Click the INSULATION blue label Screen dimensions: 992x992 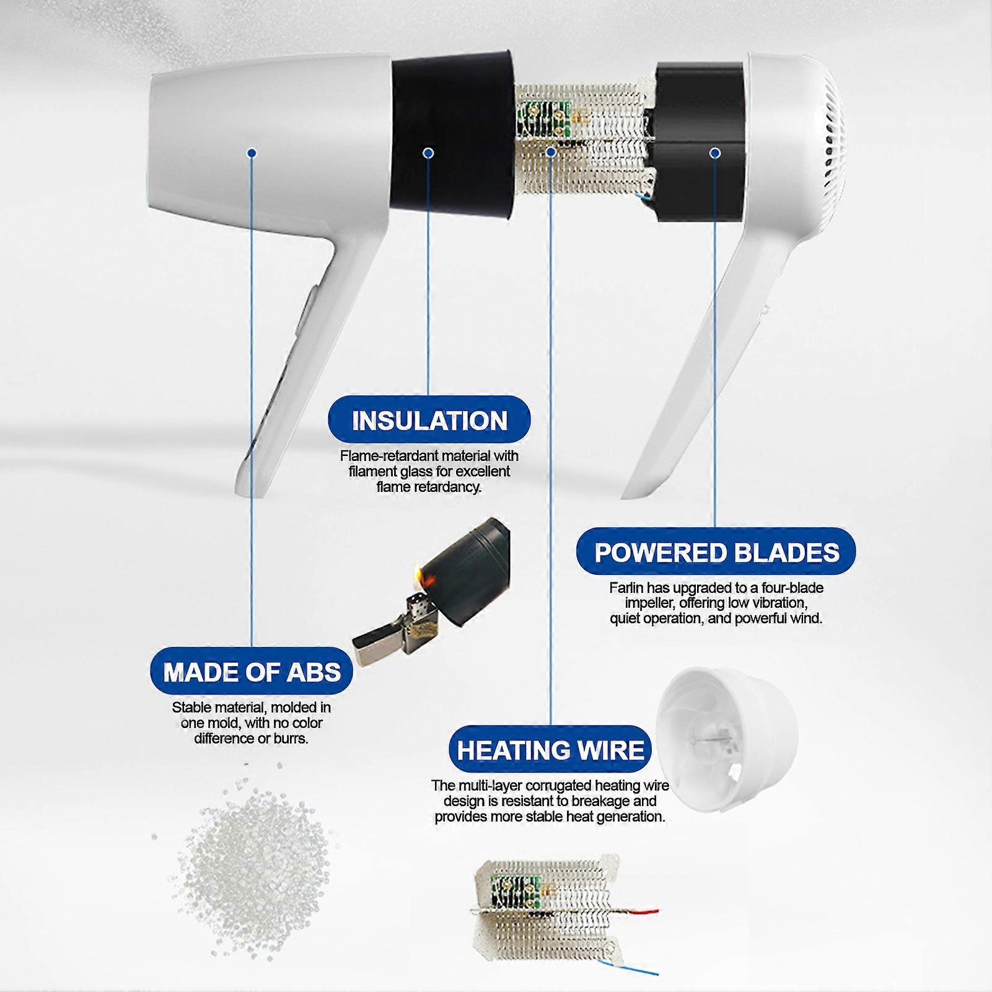[x=429, y=421]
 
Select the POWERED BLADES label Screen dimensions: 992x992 [x=716, y=553]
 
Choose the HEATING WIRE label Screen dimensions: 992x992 [x=551, y=750]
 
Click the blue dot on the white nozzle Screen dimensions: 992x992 [x=252, y=152]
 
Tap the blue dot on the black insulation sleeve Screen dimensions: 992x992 [x=428, y=152]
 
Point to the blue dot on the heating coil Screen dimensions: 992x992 [x=551, y=152]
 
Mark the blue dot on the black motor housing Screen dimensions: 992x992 [x=714, y=152]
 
